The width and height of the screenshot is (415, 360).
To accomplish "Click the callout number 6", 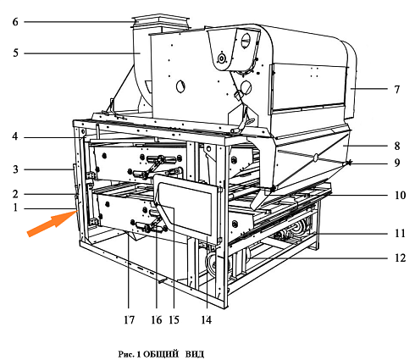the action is (x=15, y=22).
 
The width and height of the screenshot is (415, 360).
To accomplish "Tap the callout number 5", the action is (x=15, y=53).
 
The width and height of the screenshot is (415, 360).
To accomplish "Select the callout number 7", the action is (x=397, y=89).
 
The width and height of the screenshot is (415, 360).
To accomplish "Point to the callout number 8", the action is (x=397, y=146).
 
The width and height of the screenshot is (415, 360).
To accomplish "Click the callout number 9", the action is (x=397, y=163).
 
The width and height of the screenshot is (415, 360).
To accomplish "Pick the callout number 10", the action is (x=400, y=195).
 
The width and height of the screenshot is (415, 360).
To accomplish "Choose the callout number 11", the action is (x=400, y=233).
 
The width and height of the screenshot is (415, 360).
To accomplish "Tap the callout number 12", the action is (x=400, y=258).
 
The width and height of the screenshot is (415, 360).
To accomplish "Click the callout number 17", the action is (x=129, y=320).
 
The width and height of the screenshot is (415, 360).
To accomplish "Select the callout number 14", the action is (x=207, y=320).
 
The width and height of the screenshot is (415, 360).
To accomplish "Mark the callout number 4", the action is (x=15, y=136).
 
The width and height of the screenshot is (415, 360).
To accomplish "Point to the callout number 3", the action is (x=15, y=169).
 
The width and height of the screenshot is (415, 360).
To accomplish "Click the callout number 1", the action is (x=15, y=208).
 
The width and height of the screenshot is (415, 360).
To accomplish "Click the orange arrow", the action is (x=50, y=224).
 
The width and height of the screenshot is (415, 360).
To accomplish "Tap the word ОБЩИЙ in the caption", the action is (x=161, y=354).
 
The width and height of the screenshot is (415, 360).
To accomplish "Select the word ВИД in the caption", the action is (x=195, y=354).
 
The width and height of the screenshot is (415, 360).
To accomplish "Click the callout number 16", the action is (x=157, y=320).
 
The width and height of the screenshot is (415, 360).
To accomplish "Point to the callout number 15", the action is (x=174, y=320).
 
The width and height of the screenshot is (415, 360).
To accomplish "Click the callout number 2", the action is (x=15, y=194).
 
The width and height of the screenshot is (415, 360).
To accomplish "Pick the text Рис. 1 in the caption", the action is (x=130, y=354).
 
